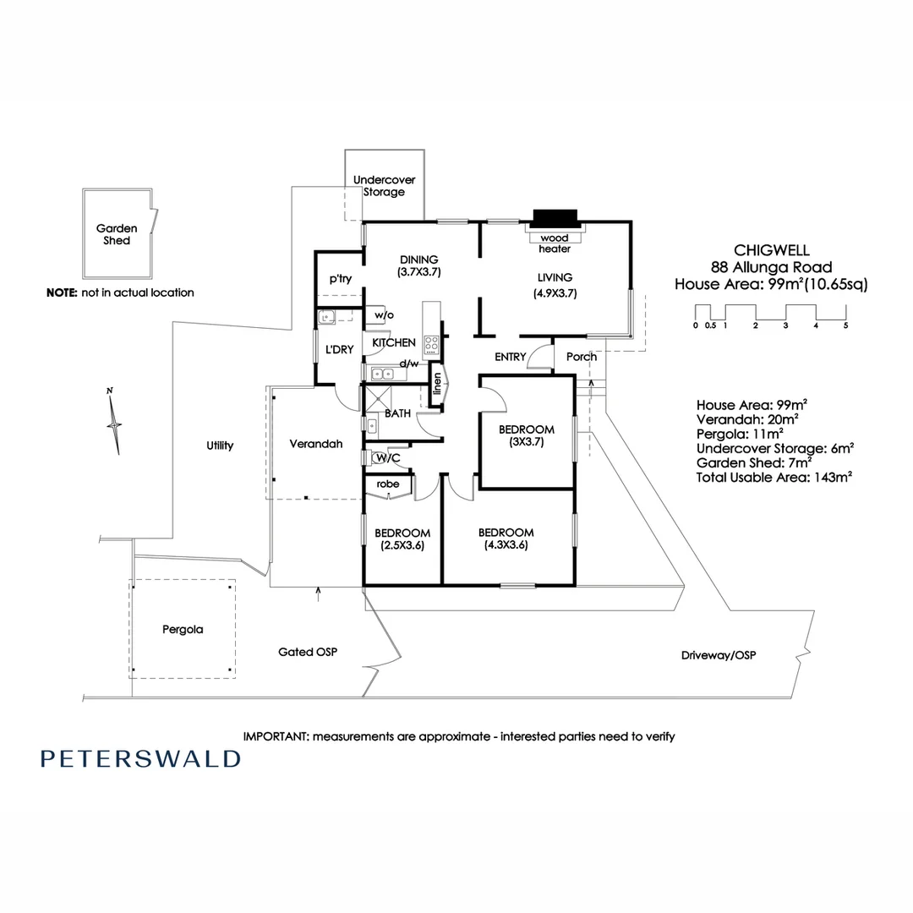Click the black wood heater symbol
click(555, 219)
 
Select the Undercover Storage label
click(384, 186)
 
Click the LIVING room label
click(555, 277)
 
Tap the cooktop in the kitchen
click(431, 344)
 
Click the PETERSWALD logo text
click(140, 758)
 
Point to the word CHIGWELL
click(771, 250)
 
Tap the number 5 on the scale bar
click(845, 325)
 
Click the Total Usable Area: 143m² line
click(774, 477)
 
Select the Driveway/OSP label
click(718, 655)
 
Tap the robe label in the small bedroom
click(387, 484)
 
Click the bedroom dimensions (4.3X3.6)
click(506, 545)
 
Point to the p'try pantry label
click(341, 280)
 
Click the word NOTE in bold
click(62, 292)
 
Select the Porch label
click(582, 357)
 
